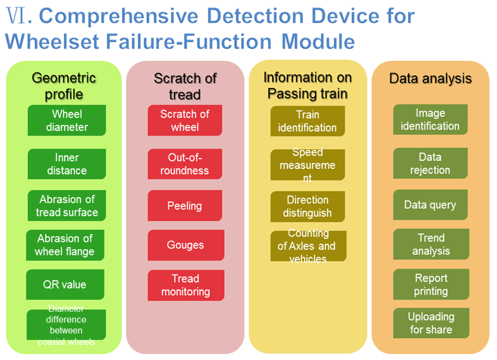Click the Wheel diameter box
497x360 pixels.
(66, 120)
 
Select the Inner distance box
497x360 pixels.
(66, 164)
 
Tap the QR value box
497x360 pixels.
(65, 284)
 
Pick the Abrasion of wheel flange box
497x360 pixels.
(65, 245)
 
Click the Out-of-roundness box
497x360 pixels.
(184, 164)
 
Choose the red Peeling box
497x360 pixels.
(184, 206)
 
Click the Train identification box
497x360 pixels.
(307, 121)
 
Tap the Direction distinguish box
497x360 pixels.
(307, 206)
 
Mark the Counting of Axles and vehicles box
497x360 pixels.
(308, 246)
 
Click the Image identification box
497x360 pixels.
(430, 120)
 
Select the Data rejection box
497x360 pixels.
(430, 163)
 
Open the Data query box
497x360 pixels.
(430, 205)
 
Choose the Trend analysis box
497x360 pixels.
(431, 245)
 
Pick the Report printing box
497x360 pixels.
(431, 284)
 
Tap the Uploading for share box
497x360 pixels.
(431, 323)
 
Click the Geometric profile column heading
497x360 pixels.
(64, 86)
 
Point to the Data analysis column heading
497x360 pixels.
(430, 79)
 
